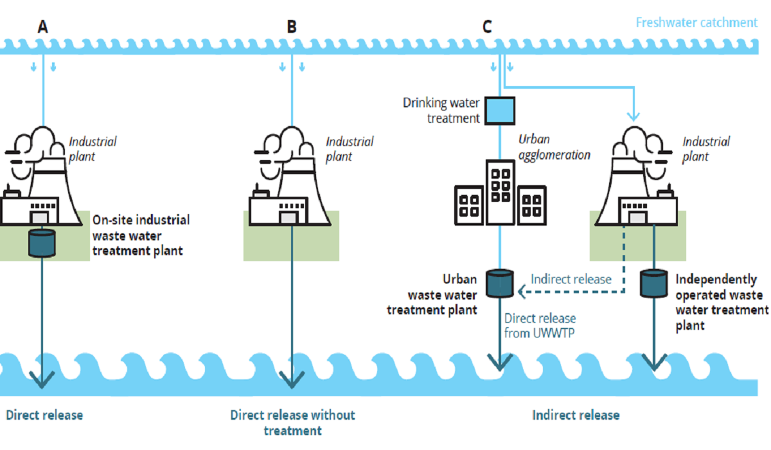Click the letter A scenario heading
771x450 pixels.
[42, 26]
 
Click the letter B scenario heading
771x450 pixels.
[292, 26]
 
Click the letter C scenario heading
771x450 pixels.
[487, 26]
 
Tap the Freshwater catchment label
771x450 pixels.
[696, 22]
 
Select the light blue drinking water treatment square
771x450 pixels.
[500, 111]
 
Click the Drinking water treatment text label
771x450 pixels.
[441, 111]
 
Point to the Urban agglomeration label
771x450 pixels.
[554, 147]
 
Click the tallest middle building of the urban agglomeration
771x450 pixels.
[501, 192]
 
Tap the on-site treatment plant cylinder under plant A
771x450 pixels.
[42, 243]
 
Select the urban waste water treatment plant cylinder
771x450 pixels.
[500, 283]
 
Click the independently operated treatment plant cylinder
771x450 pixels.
[653, 283]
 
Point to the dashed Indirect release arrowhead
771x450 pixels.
[522, 292]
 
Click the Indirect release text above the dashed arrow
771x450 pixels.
[571, 279]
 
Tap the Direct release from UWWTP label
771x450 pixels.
[540, 326]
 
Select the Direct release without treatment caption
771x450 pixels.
[292, 423]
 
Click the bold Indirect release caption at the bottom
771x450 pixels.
[576, 415]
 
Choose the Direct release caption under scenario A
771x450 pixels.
[44, 415]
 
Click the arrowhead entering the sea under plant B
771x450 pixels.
[292, 380]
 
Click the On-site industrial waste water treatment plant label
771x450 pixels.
[141, 235]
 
